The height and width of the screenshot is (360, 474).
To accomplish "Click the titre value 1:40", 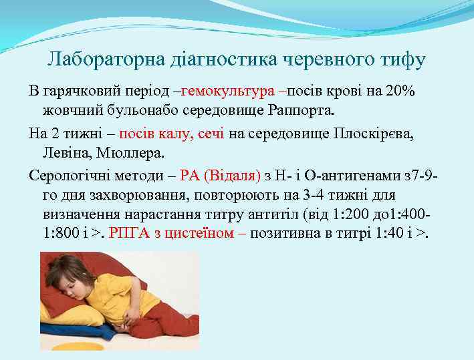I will coord(386,233).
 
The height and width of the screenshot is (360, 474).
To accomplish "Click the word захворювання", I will coord(136,195).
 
